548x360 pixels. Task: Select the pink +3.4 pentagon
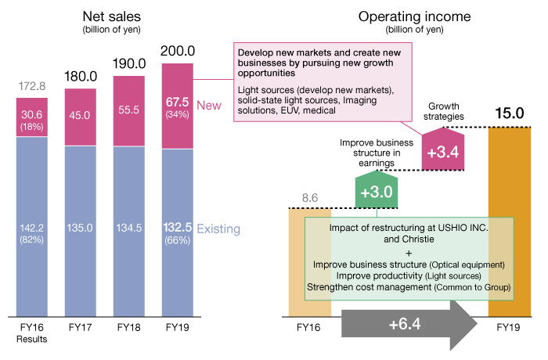pyautogui.click(x=445, y=150)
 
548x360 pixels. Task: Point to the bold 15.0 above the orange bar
pyautogui.click(x=510, y=114)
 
